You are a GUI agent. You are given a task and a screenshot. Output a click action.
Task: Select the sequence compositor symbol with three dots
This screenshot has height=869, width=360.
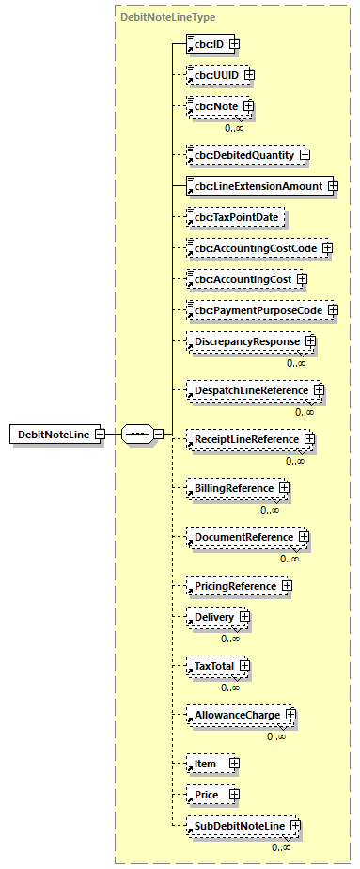coord(136,434)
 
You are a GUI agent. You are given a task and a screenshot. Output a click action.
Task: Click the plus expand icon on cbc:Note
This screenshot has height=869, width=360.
coord(248,106)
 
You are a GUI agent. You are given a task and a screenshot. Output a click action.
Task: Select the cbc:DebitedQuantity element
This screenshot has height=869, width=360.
coord(242,154)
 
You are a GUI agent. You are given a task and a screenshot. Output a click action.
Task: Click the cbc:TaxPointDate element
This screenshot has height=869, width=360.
coord(234,216)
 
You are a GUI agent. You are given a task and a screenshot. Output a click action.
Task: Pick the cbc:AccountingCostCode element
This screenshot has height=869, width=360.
coord(253,248)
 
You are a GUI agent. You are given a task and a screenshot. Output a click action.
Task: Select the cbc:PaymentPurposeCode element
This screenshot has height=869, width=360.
coord(255,310)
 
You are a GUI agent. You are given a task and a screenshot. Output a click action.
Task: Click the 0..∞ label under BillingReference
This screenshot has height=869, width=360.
coord(270,510)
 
